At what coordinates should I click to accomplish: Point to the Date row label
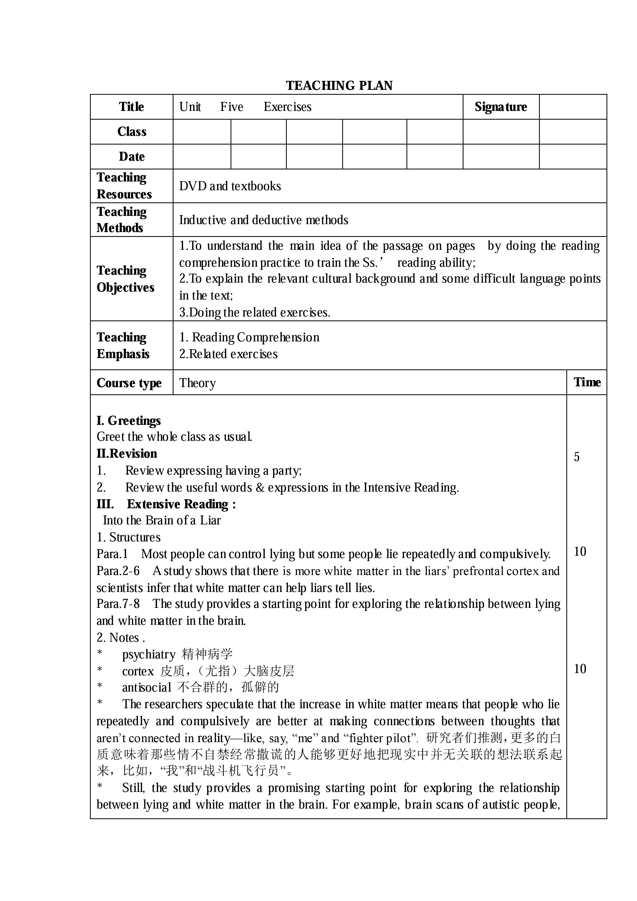(132, 157)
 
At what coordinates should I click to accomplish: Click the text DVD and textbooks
(230, 186)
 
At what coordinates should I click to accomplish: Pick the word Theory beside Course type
(197, 383)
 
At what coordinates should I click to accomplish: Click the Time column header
(586, 382)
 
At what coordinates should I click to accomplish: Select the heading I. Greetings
(129, 421)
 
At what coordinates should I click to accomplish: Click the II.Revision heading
(127, 454)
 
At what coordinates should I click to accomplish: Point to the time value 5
(577, 457)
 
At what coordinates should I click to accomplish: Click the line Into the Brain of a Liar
(162, 520)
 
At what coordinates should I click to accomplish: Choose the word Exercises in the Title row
(287, 107)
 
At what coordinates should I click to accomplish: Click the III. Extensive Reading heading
(166, 504)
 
